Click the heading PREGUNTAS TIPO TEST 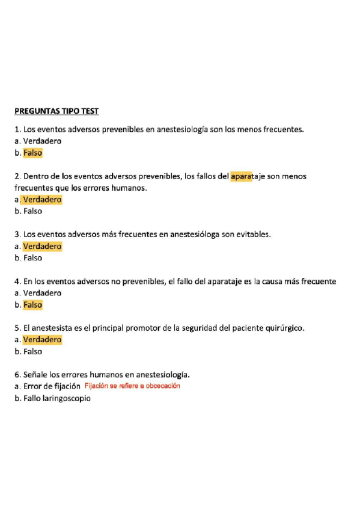pyautogui.click(x=56, y=111)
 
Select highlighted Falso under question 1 pyautogui.click(x=33, y=153)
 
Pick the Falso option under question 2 pyautogui.click(x=32, y=211)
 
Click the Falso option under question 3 pyautogui.click(x=32, y=258)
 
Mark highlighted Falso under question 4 pyautogui.click(x=33, y=305)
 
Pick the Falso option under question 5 pyautogui.click(x=32, y=352)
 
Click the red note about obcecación pyautogui.click(x=132, y=386)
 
